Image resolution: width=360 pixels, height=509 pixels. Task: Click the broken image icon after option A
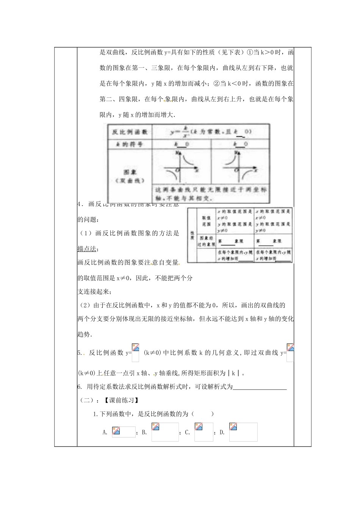(123, 432)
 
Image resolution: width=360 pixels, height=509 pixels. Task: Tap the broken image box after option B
(165, 432)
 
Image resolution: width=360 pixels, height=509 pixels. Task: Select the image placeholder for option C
(204, 432)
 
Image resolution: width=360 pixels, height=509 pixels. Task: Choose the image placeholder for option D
(243, 432)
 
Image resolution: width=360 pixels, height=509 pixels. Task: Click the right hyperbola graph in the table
(239, 167)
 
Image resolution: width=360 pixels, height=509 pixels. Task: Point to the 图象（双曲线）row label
(129, 176)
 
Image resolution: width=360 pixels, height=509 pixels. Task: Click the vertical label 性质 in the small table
(192, 235)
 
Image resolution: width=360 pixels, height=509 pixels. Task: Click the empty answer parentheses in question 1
(202, 414)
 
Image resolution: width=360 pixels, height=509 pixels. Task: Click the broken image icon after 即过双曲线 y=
(290, 353)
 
